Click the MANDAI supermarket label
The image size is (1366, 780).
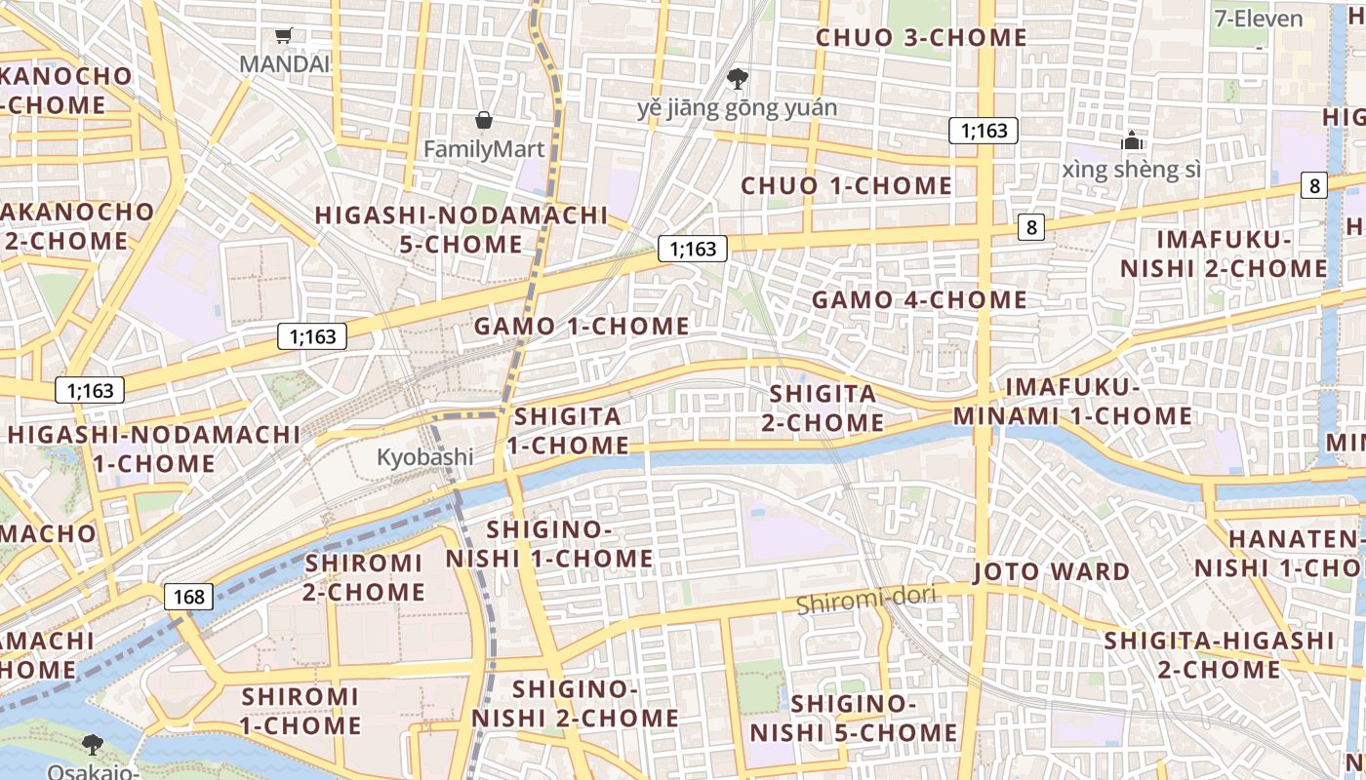pyautogui.click(x=284, y=63)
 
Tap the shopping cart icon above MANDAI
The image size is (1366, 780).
pyautogui.click(x=284, y=36)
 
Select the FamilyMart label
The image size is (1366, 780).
pyautogui.click(x=483, y=149)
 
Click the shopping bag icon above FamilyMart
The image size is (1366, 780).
pyautogui.click(x=483, y=120)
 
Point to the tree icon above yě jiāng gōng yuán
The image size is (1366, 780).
pyautogui.click(x=738, y=77)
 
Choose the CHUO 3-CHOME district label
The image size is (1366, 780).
pyautogui.click(x=921, y=38)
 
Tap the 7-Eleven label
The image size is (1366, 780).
pyautogui.click(x=1258, y=19)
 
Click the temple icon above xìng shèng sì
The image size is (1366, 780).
pyautogui.click(x=1132, y=140)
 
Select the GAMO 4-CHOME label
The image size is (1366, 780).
pyautogui.click(x=919, y=299)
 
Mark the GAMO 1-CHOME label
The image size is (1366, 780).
pyautogui.click(x=582, y=327)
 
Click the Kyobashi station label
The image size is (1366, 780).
pyautogui.click(x=424, y=456)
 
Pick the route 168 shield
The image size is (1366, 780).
pyautogui.click(x=188, y=597)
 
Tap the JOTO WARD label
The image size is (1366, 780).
pyautogui.click(x=1052, y=571)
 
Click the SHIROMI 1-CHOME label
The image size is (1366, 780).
pyautogui.click(x=301, y=711)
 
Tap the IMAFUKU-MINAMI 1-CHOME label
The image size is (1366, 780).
pyautogui.click(x=1072, y=402)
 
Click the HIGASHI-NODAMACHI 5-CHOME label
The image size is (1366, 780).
pyautogui.click(x=462, y=229)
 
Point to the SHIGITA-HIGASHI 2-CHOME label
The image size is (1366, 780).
pyautogui.click(x=1219, y=654)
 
